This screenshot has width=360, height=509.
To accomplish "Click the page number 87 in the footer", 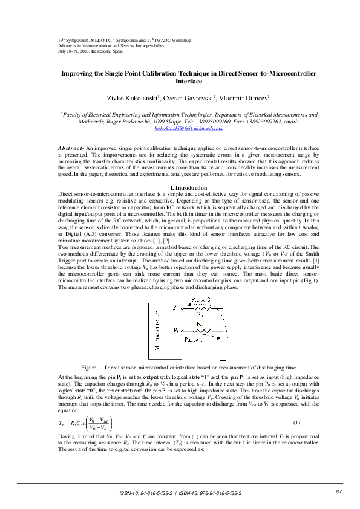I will (339, 491).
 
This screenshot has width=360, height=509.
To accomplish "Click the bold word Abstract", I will (71, 148).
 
